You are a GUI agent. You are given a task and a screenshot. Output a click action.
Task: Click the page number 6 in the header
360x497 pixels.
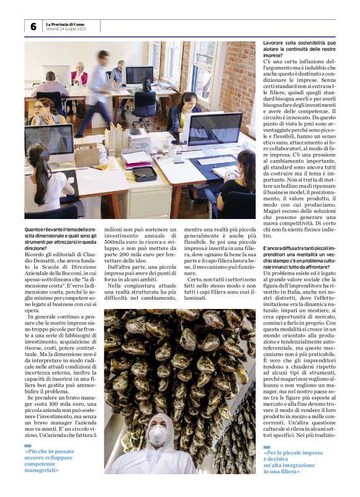pos(33,27)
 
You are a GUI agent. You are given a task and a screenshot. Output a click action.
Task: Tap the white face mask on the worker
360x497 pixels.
pos(158,434)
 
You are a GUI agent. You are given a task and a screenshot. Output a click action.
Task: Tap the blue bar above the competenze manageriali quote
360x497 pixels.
pos(27,446)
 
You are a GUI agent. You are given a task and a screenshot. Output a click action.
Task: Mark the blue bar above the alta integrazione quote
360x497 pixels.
pos(267,447)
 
